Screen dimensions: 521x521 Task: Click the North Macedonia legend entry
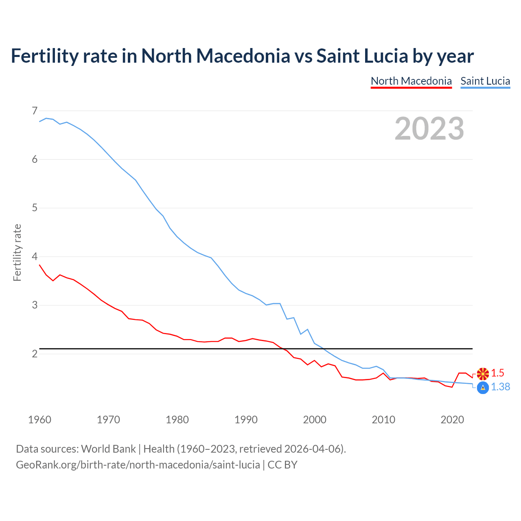(x=411, y=81)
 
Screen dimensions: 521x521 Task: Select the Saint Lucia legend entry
(x=485, y=81)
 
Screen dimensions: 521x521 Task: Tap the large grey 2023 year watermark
(x=429, y=129)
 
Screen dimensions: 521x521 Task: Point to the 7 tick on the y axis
(x=35, y=111)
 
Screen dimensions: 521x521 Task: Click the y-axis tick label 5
(x=35, y=208)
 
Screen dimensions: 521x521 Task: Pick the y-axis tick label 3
(x=35, y=305)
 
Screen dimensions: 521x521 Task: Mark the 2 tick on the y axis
(x=35, y=354)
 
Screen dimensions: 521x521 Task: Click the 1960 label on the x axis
(x=39, y=420)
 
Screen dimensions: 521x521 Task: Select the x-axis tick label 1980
(x=177, y=420)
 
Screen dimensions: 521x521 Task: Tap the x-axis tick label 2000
(x=315, y=420)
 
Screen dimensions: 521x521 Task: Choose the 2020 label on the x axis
(x=452, y=420)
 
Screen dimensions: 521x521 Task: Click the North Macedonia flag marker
(x=483, y=373)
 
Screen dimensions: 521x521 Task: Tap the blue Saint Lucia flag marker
(x=483, y=388)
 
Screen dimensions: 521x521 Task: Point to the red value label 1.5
(x=497, y=373)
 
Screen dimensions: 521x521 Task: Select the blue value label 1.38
(x=500, y=387)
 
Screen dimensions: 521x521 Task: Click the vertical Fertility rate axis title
(x=17, y=252)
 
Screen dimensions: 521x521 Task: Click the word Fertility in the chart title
(x=44, y=56)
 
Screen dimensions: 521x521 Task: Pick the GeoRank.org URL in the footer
(x=138, y=465)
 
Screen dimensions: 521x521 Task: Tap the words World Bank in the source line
(x=108, y=449)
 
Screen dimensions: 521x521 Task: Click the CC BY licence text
(x=282, y=465)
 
